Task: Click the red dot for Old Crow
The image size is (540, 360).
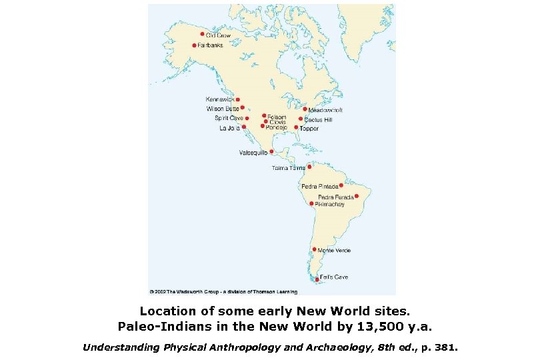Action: point(203,34)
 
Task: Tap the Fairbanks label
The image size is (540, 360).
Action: point(210,45)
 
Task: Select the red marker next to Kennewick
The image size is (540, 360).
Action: point(238,99)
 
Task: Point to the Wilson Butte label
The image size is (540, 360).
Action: point(222,108)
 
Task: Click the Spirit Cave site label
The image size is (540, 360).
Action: point(229,118)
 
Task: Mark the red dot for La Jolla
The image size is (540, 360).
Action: point(244,127)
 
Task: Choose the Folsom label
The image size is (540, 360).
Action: point(277,117)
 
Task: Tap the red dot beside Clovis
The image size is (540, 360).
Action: point(266,121)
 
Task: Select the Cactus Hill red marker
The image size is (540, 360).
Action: point(301,119)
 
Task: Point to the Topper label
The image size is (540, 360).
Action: point(309,127)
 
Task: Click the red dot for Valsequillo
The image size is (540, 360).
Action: point(271,152)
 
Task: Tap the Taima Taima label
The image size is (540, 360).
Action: point(288,168)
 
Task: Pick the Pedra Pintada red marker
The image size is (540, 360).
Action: point(341,185)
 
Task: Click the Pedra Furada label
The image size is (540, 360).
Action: point(335,197)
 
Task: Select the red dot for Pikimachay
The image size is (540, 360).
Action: point(311,203)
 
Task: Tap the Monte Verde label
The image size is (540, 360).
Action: point(334,251)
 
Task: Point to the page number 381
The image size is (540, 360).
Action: point(448,347)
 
